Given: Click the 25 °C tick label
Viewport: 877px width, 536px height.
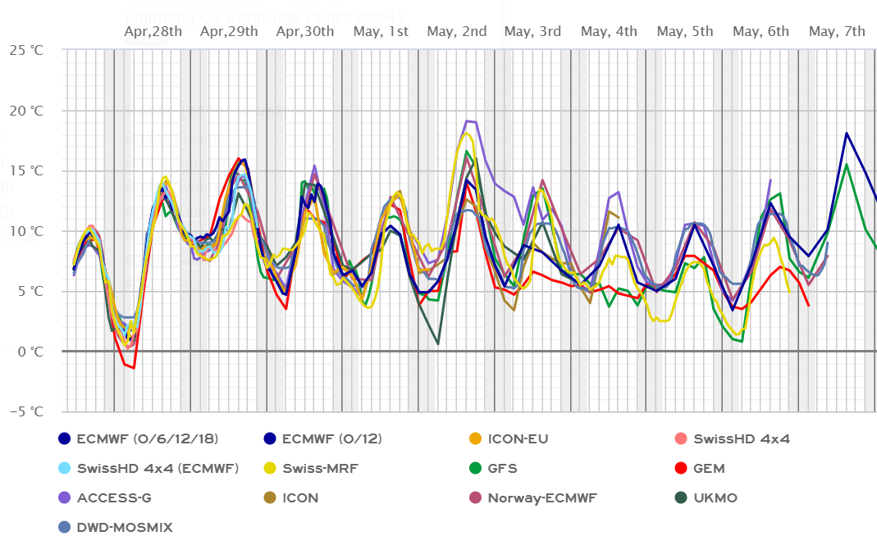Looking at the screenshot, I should (27, 50).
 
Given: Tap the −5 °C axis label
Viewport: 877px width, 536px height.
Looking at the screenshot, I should (27, 411).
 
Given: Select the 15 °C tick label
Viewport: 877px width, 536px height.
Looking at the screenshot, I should (27, 170).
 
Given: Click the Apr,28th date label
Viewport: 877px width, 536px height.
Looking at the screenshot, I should (153, 32).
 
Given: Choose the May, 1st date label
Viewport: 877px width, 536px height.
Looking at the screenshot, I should (381, 32).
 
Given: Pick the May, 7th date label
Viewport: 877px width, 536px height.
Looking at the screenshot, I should (837, 32).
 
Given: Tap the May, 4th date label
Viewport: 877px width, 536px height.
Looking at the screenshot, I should (609, 32).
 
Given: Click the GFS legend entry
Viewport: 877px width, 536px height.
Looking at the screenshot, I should (502, 469).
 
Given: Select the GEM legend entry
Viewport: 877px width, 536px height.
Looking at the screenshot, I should (709, 469).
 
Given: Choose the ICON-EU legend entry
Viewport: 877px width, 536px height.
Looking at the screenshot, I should (517, 438).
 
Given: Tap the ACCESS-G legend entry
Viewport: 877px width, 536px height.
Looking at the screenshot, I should (114, 497).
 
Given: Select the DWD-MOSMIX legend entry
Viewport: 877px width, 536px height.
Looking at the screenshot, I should (125, 527).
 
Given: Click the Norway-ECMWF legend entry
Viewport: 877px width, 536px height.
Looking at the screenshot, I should (542, 497).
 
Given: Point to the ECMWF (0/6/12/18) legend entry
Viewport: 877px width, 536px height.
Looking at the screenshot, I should (148, 438).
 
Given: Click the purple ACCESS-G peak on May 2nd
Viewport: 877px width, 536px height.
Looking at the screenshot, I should (467, 121).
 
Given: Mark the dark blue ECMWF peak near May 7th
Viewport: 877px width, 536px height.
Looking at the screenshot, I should (846, 133).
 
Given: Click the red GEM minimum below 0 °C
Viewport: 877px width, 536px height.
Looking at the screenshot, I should (133, 367).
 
